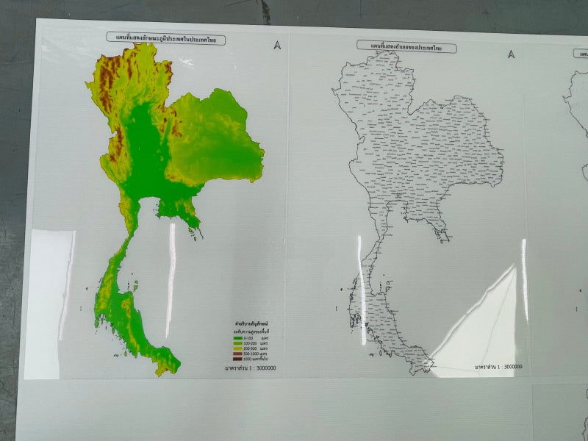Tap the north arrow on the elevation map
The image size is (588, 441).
(277, 45)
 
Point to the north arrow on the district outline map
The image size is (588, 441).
(511, 53)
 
